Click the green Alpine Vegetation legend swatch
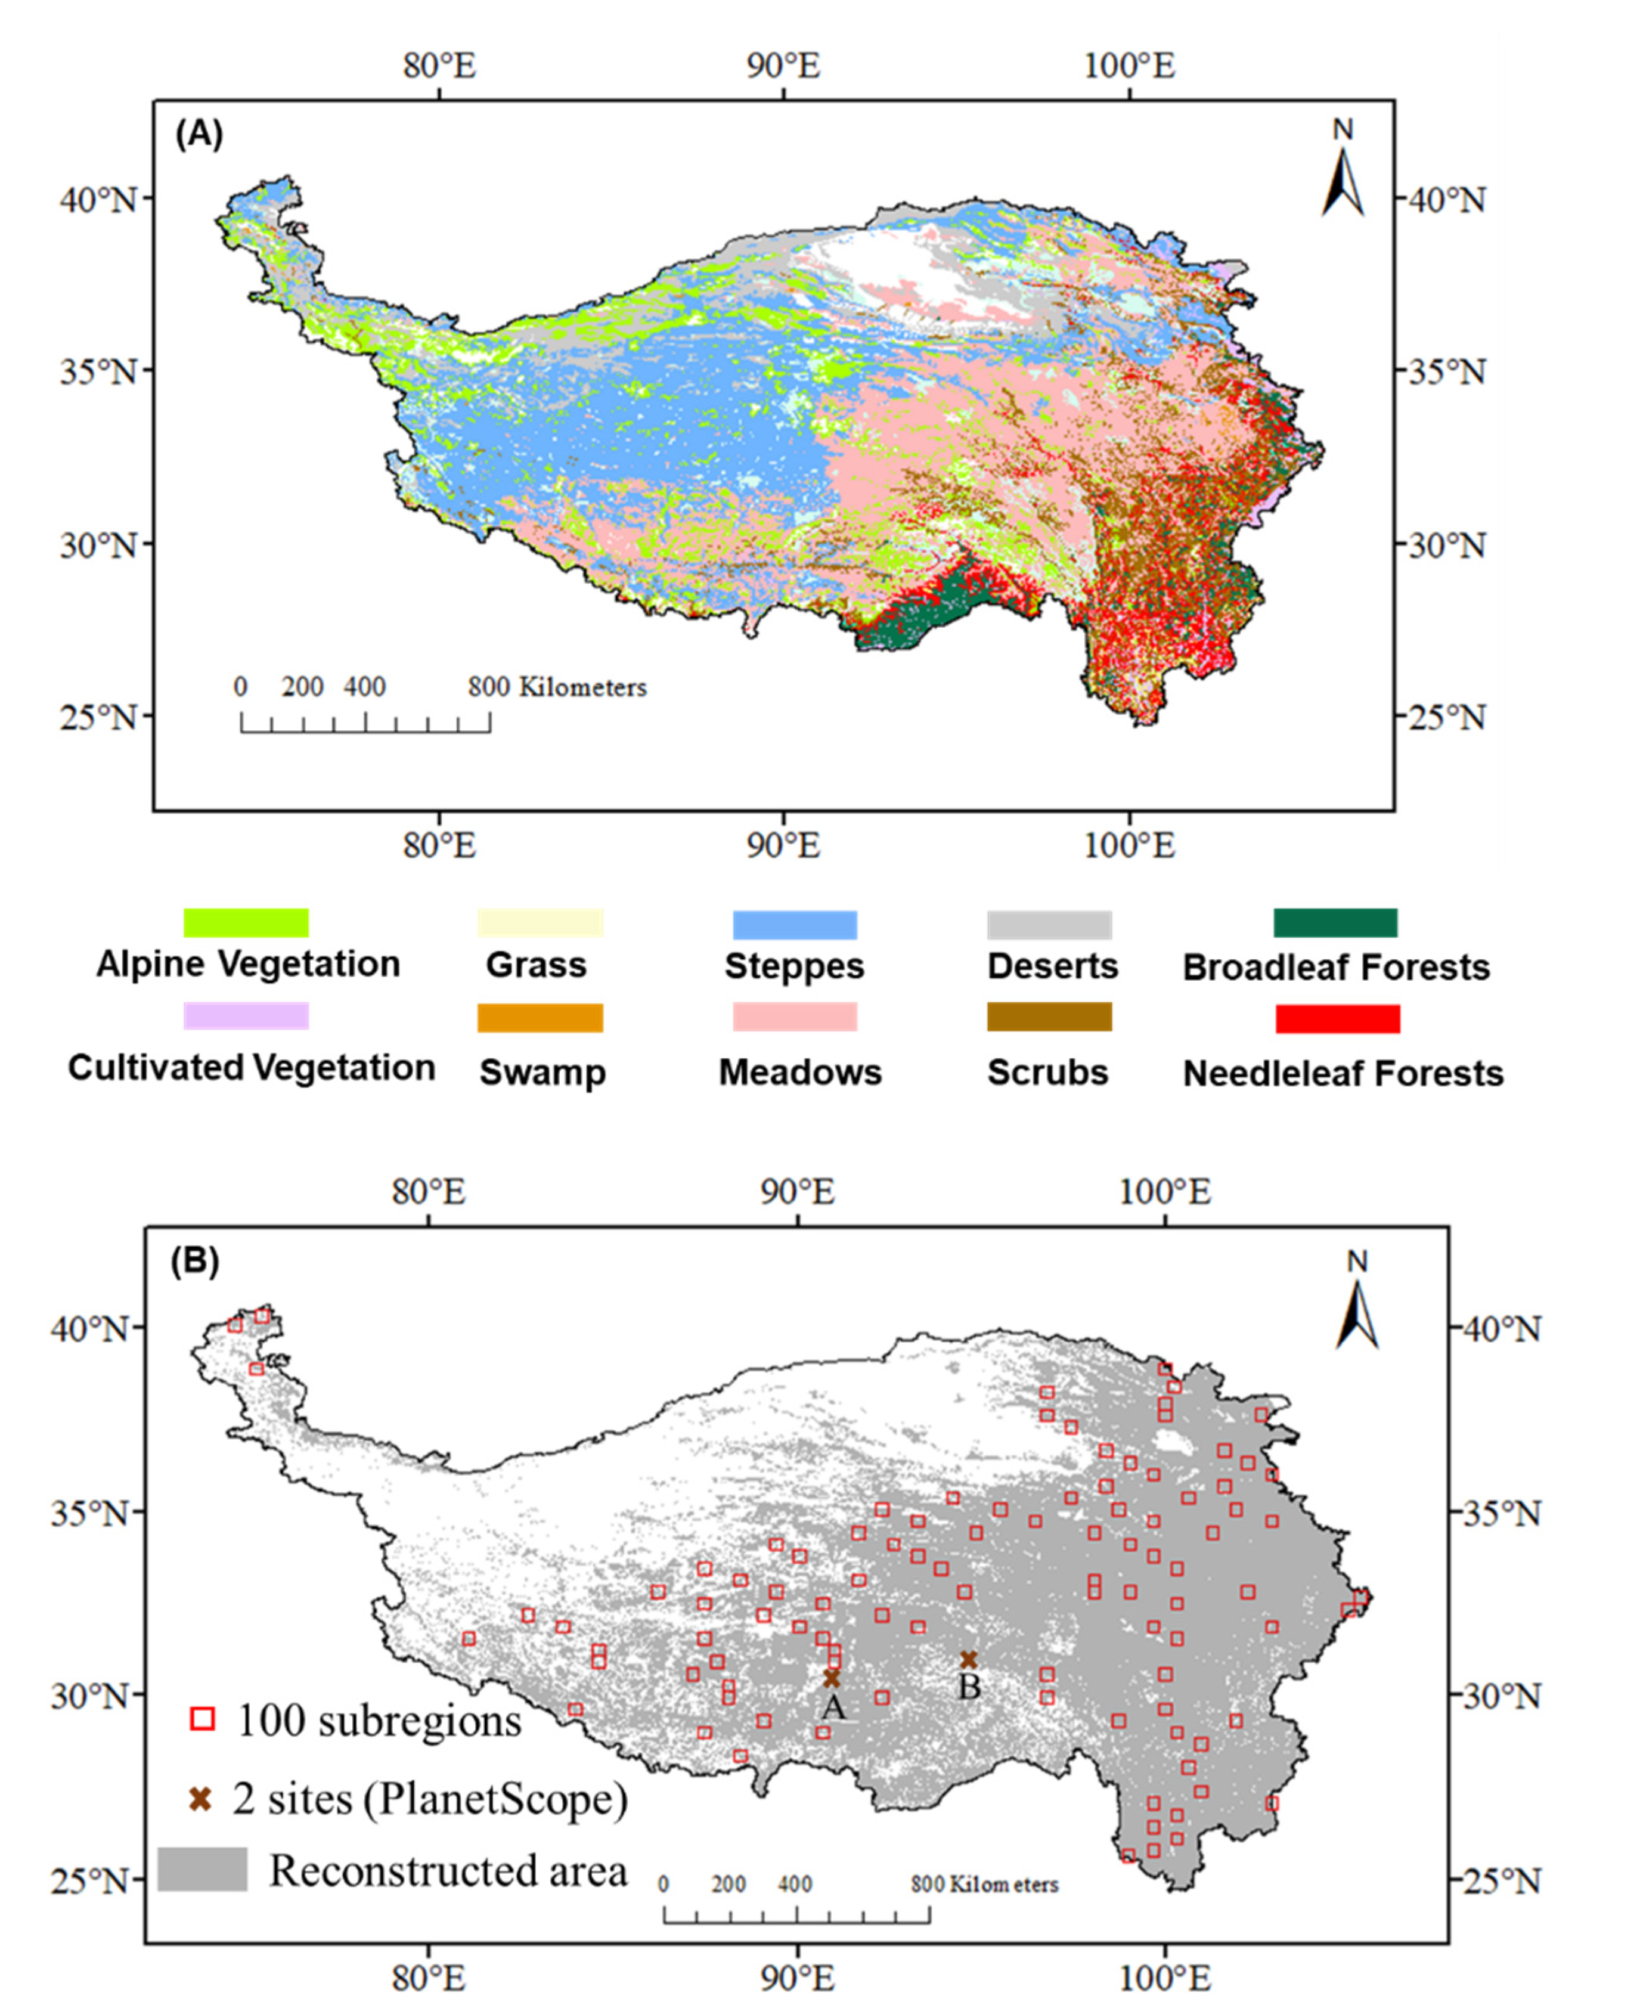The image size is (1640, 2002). click(x=246, y=922)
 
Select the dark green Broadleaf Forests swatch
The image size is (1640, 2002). click(x=1335, y=922)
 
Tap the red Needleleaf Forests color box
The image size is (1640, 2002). click(x=1337, y=1018)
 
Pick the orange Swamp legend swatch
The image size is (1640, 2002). click(x=540, y=1018)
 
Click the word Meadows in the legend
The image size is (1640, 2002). click(x=799, y=1073)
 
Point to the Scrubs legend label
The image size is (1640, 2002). click(x=1047, y=1073)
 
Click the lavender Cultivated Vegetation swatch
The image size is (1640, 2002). click(x=246, y=1016)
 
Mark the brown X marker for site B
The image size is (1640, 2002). click(x=968, y=1660)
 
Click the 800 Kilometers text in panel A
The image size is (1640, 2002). click(x=557, y=687)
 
